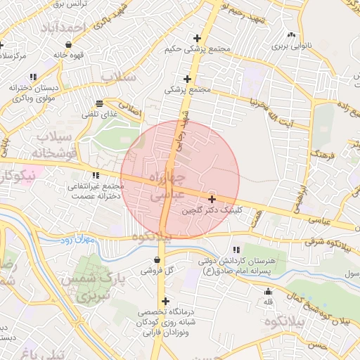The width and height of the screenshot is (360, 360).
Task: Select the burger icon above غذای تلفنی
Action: coord(98,103)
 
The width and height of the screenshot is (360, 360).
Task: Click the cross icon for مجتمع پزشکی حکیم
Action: coord(197,38)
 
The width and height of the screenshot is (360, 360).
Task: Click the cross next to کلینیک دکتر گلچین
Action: coord(212,200)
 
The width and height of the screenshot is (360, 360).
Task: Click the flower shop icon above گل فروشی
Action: coord(155,259)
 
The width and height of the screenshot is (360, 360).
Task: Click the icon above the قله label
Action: coord(267,292)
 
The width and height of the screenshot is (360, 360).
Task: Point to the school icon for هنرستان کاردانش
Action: coord(236,250)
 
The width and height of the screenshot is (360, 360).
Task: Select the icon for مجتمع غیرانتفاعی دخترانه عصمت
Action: coord(96,176)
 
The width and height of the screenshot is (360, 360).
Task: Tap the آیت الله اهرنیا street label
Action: coord(265,107)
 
